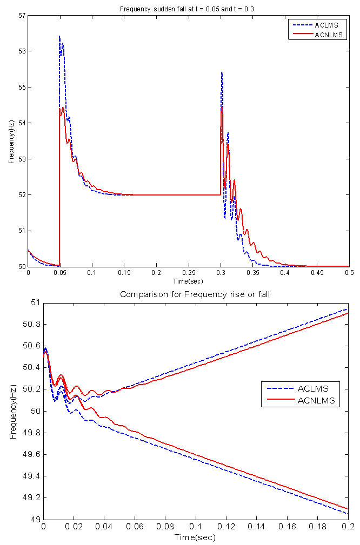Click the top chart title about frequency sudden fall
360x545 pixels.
click(x=187, y=9)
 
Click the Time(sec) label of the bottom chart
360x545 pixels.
click(x=195, y=537)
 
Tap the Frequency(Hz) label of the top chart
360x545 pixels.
click(x=11, y=141)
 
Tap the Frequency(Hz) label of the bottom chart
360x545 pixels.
click(x=13, y=411)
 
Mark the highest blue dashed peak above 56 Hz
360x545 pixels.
click(x=59, y=36)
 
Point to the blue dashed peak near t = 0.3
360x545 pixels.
click(x=222, y=72)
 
